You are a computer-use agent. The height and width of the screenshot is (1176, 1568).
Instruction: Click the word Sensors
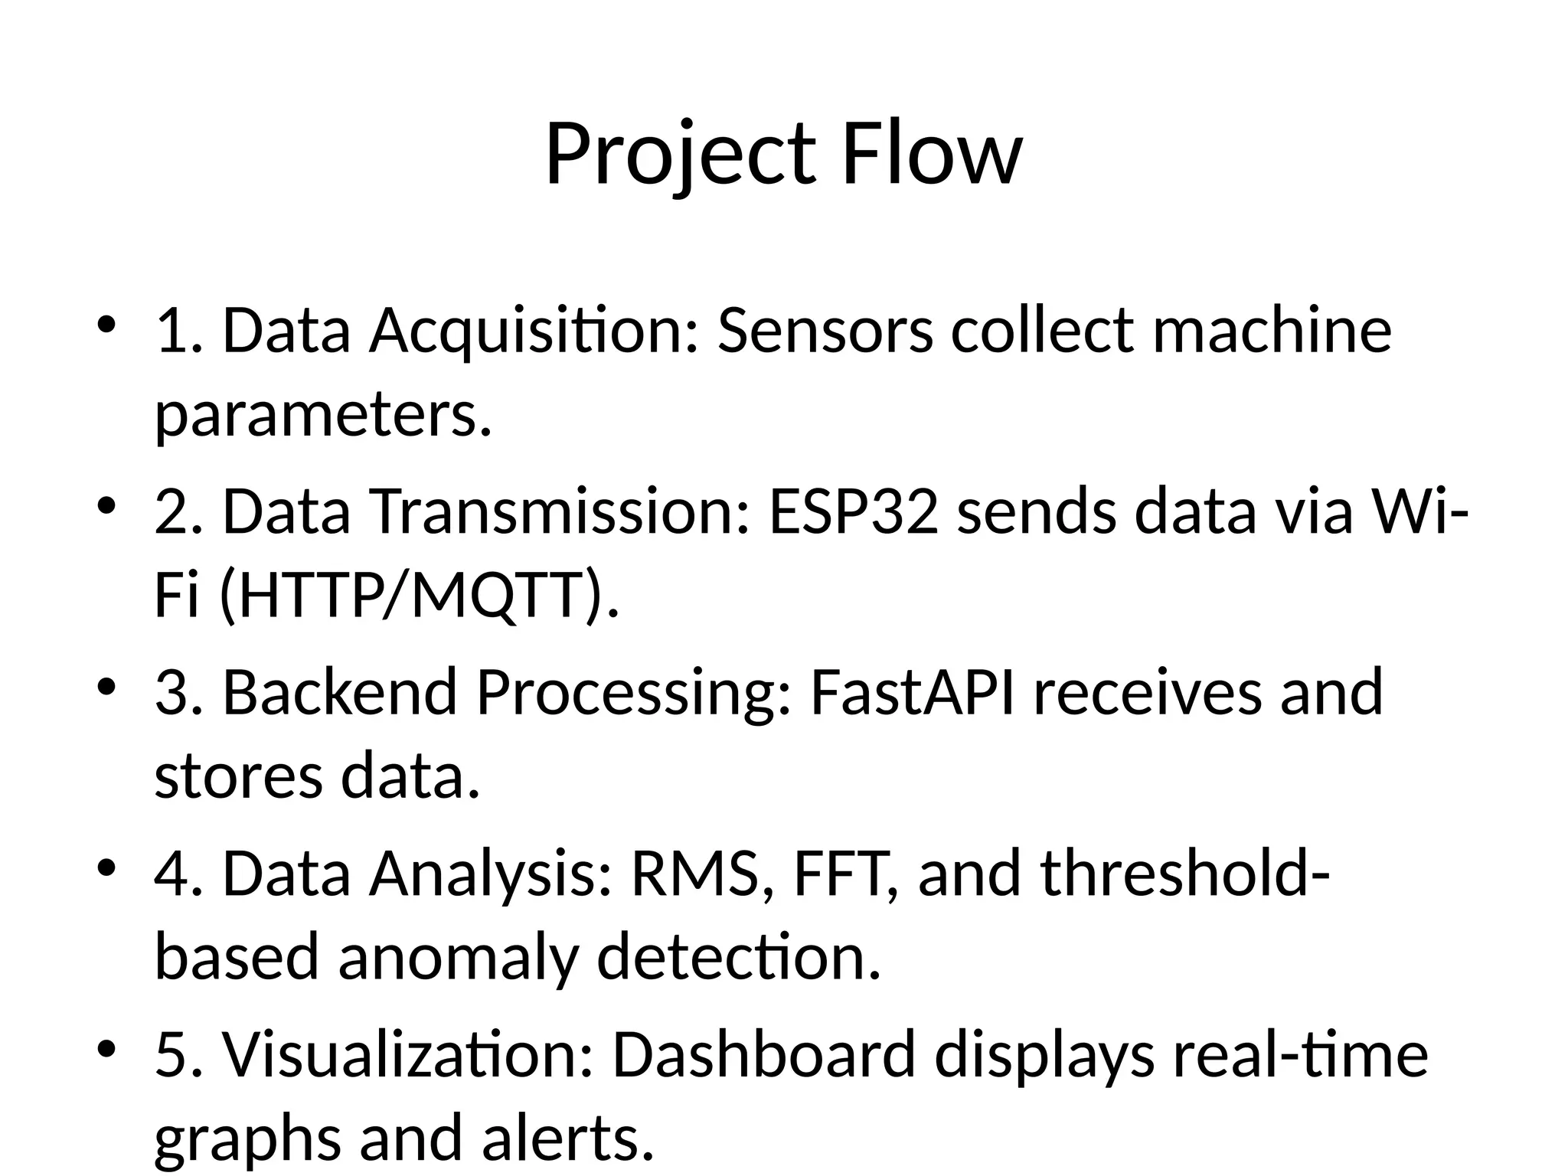point(825,332)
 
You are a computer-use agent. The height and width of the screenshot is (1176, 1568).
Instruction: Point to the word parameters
point(322,416)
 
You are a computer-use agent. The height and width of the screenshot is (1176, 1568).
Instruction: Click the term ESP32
point(854,512)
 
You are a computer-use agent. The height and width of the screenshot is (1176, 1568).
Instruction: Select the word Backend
point(340,693)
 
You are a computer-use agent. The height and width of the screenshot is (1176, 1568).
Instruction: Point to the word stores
point(239,777)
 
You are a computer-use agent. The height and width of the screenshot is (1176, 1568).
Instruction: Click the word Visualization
point(408,1055)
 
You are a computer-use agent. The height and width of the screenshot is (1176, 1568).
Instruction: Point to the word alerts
point(569,1138)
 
